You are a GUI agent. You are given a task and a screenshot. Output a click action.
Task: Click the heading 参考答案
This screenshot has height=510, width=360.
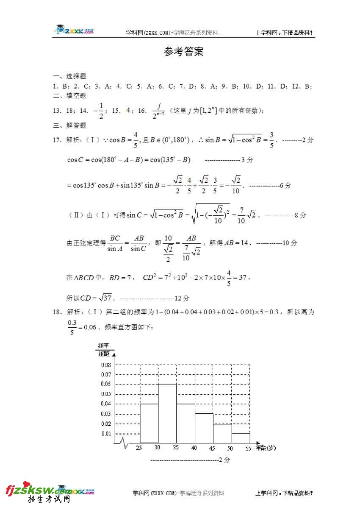pyautogui.click(x=184, y=52)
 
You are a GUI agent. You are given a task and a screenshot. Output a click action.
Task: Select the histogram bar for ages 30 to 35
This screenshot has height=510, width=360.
pyautogui.click(x=167, y=413)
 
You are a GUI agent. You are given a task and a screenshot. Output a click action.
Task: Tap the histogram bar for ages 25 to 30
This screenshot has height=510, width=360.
pyautogui.click(x=149, y=423)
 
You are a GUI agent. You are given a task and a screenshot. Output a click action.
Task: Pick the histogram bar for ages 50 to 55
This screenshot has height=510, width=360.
pyautogui.click(x=241, y=438)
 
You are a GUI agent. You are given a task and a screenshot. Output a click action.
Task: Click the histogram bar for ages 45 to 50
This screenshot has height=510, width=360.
pyautogui.click(x=222, y=433)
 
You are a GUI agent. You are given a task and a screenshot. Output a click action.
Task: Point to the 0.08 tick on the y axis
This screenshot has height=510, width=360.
pyautogui.click(x=106, y=365)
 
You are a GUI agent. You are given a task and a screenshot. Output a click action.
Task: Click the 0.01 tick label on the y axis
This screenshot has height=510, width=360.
pyautogui.click(x=106, y=434)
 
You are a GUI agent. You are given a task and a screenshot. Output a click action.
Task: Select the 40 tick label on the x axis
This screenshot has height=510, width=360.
pyautogui.click(x=194, y=448)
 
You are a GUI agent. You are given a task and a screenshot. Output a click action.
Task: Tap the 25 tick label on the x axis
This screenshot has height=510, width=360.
pyautogui.click(x=138, y=448)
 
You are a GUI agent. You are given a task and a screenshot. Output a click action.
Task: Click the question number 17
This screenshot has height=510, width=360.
pyautogui.click(x=57, y=140)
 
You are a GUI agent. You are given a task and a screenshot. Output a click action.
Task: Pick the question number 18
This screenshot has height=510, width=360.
pyautogui.click(x=57, y=312)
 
